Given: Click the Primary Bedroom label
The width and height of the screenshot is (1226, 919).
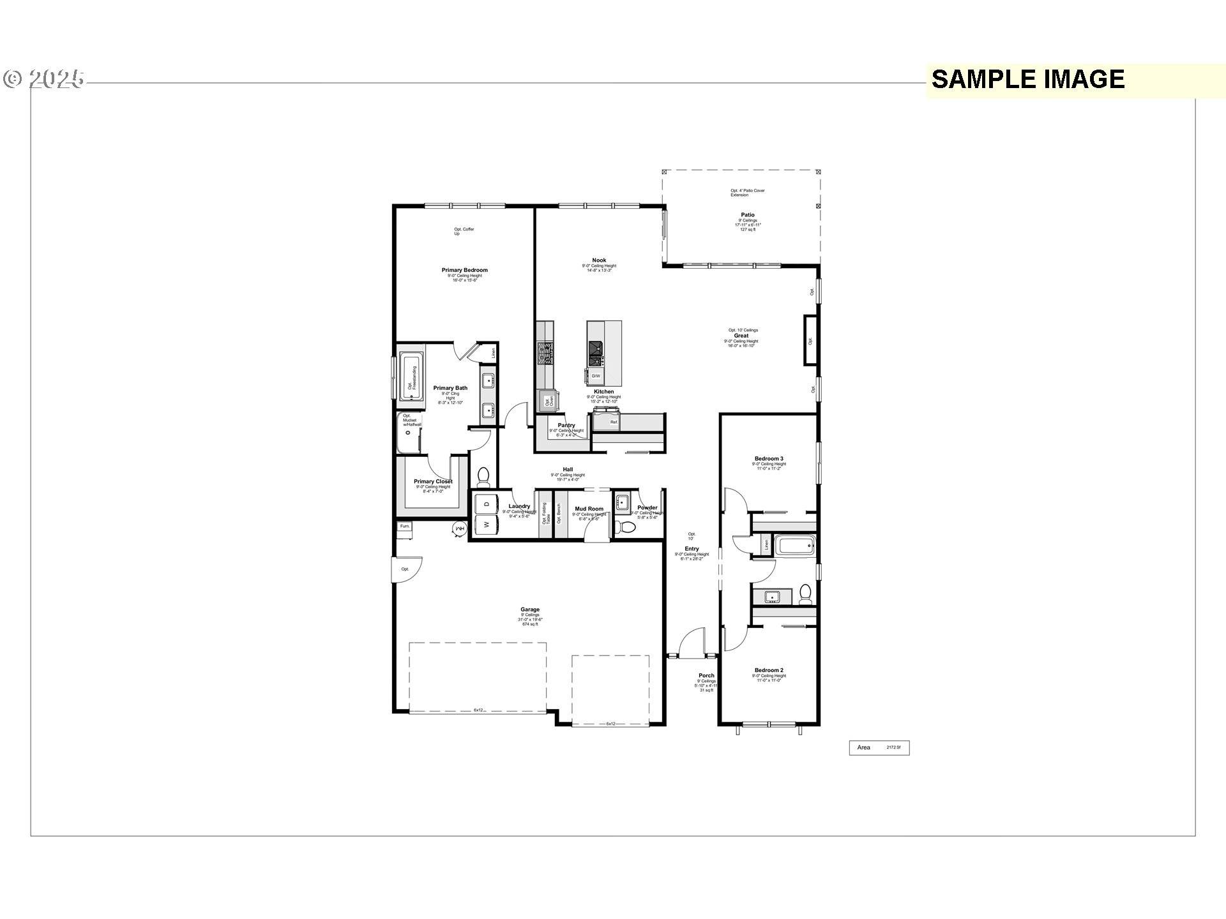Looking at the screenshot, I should (464, 270).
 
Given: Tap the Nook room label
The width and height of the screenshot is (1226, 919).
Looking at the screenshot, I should (599, 260).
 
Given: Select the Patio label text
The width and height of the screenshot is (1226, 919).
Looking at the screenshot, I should (747, 215).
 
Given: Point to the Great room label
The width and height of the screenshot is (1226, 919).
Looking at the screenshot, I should (741, 336).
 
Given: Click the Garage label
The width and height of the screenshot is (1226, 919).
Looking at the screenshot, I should (529, 609).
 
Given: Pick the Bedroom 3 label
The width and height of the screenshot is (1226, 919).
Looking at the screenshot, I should (768, 458).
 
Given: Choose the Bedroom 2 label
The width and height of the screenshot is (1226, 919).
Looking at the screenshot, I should (768, 670).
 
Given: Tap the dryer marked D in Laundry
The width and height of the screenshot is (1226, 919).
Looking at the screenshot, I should (487, 504).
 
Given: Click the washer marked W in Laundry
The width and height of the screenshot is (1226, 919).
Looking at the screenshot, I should (487, 525).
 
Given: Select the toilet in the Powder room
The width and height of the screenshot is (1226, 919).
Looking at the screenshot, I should (627, 527).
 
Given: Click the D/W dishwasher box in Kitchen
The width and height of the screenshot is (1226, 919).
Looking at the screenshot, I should (595, 376).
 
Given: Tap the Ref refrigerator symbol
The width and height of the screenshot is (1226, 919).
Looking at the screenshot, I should (614, 421).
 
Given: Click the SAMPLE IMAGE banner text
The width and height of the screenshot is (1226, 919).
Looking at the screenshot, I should (1027, 79).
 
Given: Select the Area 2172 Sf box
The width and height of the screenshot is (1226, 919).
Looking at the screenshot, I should (879, 747).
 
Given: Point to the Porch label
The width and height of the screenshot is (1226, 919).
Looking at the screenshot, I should (706, 675).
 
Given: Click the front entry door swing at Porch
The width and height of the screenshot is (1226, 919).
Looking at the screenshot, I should (692, 642).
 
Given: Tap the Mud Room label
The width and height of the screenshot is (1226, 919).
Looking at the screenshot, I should (589, 509).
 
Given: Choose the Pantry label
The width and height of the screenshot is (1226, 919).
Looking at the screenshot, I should (566, 425).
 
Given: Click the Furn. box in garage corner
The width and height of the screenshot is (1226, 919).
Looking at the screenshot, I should (405, 527).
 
